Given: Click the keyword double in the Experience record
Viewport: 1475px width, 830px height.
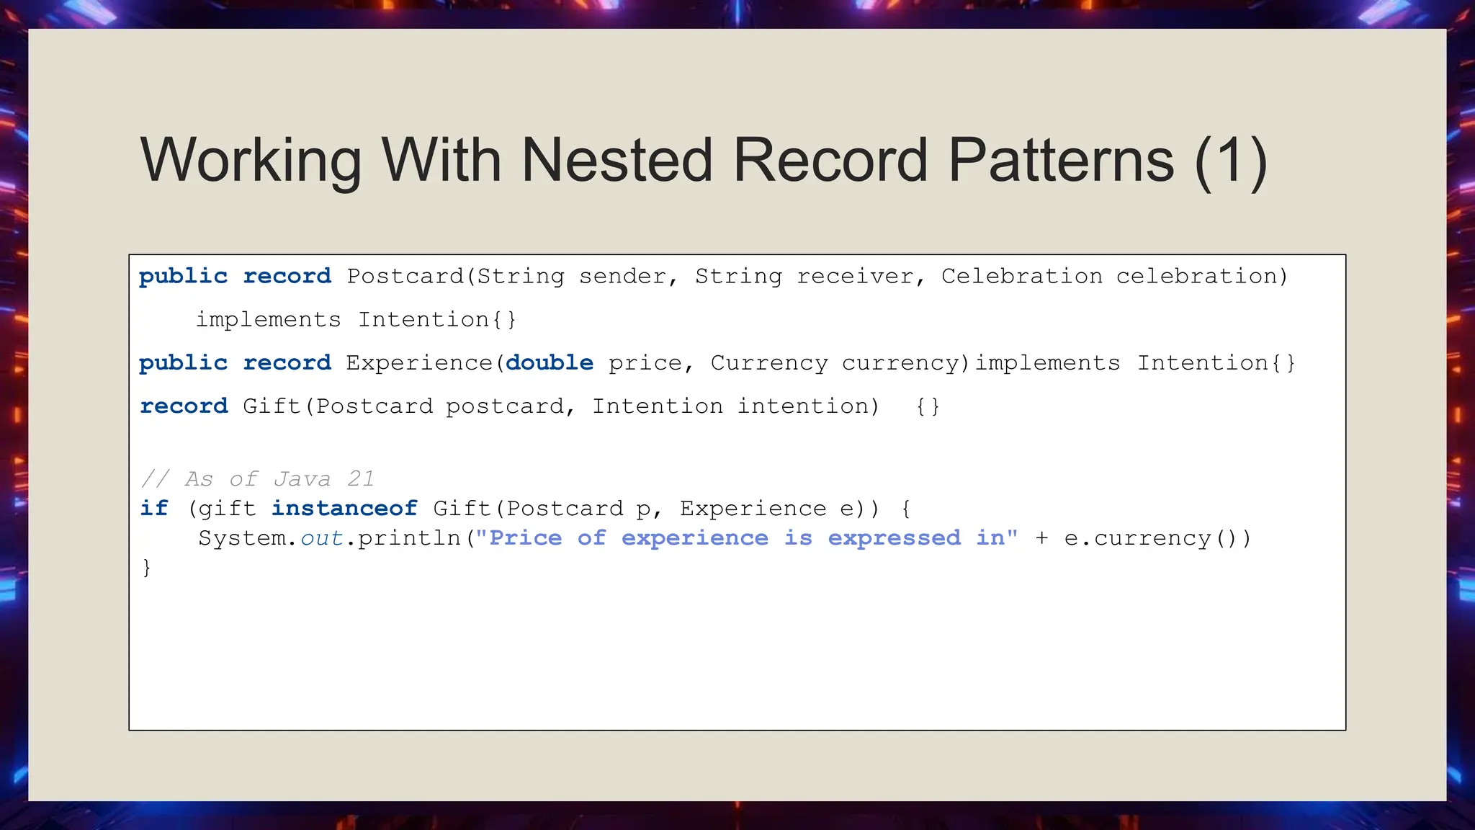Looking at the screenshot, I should tap(549, 362).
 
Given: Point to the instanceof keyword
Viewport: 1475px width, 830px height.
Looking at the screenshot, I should tap(344, 509).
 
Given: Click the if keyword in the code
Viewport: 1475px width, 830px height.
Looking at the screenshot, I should tap(154, 509).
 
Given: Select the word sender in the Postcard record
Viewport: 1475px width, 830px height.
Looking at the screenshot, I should tap(622, 277).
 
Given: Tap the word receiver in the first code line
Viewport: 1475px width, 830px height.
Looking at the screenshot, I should tap(855, 277).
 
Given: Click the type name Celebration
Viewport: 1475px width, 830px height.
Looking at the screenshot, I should tap(1021, 277).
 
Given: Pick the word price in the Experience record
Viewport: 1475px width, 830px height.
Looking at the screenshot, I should tap(645, 362).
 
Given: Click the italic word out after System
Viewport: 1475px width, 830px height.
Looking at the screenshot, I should tap(321, 538).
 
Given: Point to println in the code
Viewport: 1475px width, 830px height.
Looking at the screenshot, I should tap(408, 538).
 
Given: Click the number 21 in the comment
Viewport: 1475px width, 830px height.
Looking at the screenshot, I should tap(360, 479).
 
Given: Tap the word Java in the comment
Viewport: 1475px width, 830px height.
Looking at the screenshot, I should tap(302, 479).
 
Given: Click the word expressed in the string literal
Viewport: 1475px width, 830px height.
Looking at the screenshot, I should tap(894, 538).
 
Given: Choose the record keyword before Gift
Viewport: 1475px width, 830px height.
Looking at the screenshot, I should tap(184, 406).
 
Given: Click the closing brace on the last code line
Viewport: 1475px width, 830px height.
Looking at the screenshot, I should tap(146, 568).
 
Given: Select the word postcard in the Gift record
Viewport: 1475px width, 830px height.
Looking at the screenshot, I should tap(504, 406).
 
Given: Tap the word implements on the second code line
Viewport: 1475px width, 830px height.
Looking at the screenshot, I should tap(268, 320).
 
